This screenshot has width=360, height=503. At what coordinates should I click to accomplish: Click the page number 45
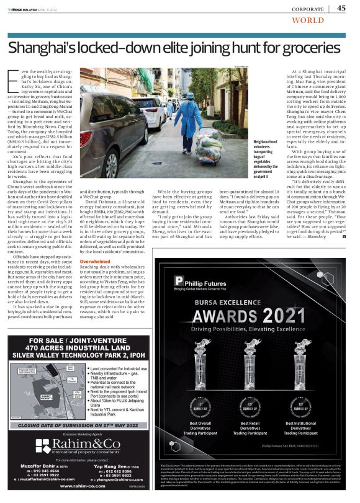342,7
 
